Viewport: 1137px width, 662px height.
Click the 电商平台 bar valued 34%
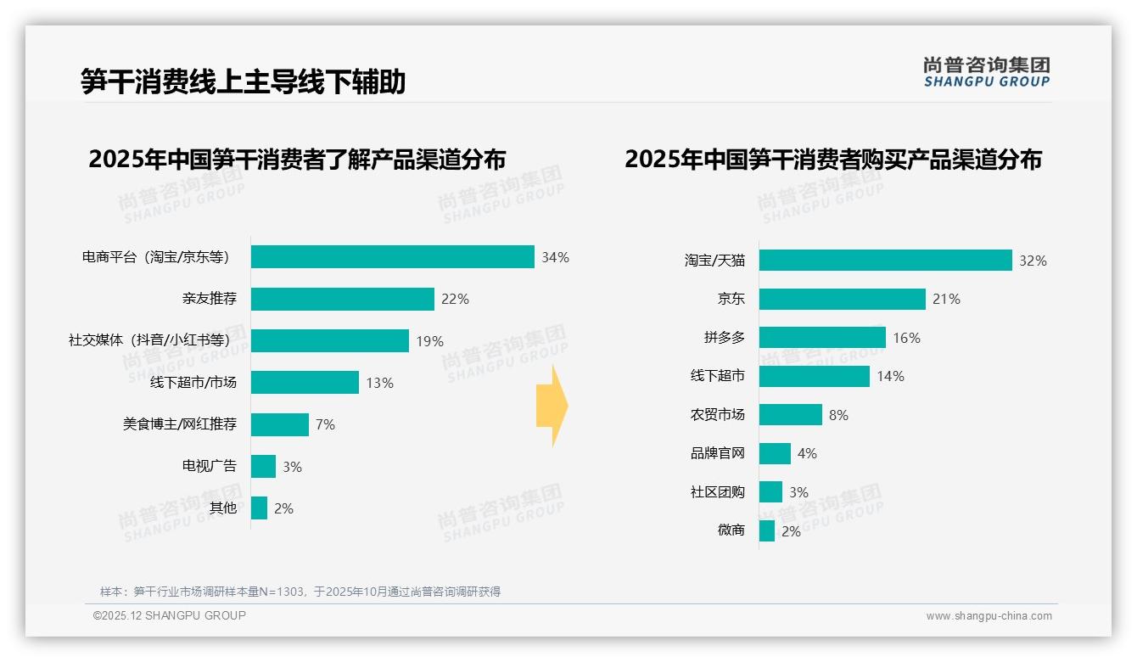[x=392, y=257]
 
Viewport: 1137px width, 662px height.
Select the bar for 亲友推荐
[x=342, y=299]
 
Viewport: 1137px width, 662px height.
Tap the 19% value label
[x=429, y=341]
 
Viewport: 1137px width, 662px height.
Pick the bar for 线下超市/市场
[x=305, y=383]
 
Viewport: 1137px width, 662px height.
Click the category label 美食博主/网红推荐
[x=179, y=424]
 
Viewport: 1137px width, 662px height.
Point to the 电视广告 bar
[x=263, y=466]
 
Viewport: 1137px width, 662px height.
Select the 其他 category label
[x=223, y=508]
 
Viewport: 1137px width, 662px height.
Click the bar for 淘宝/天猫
[x=885, y=261]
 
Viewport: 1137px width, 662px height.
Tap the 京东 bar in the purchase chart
[x=842, y=299]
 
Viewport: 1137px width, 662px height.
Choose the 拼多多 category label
[x=724, y=338]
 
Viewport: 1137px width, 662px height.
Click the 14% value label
[x=890, y=376]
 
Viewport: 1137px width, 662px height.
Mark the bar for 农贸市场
[x=790, y=415]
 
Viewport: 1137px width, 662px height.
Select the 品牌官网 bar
[x=775, y=453]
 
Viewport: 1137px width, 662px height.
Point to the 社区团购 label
[x=717, y=492]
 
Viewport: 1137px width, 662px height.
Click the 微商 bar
[x=766, y=531]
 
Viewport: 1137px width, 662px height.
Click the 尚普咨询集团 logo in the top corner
[x=986, y=72]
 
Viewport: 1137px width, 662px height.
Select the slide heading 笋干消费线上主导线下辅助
[x=244, y=81]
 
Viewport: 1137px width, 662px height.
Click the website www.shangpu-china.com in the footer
[x=989, y=616]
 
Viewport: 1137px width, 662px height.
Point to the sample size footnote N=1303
[x=300, y=592]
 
